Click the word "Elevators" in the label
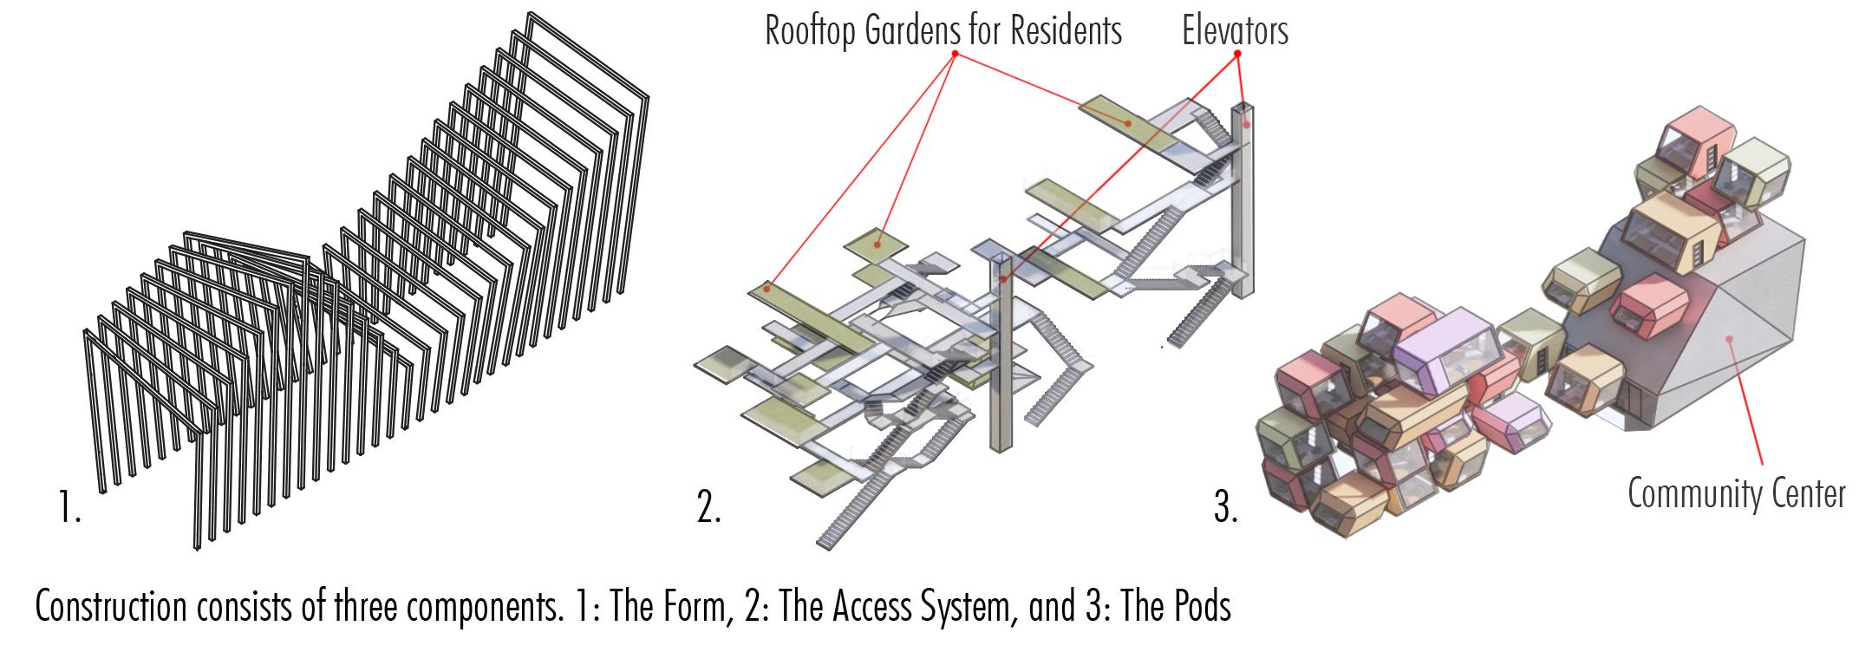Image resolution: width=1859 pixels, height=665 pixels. pyautogui.click(x=1235, y=31)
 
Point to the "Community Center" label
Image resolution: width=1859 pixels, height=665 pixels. pyautogui.click(x=1736, y=494)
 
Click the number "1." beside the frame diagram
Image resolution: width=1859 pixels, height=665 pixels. pyautogui.click(x=70, y=506)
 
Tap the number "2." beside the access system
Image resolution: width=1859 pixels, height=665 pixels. pyautogui.click(x=708, y=508)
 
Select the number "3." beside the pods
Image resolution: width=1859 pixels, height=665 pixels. pyautogui.click(x=1225, y=508)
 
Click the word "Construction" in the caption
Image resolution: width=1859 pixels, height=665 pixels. pyautogui.click(x=110, y=606)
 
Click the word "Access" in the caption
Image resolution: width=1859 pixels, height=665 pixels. pyautogui.click(x=870, y=606)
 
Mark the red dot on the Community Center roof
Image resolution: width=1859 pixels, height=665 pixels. pyautogui.click(x=1729, y=340)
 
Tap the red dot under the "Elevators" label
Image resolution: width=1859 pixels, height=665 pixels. pyautogui.click(x=1237, y=54)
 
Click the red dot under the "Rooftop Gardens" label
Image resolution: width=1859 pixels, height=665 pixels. pyautogui.click(x=955, y=54)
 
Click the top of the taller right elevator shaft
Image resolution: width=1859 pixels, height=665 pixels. pyautogui.click(x=1243, y=108)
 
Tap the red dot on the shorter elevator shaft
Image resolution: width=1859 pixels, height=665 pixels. pyautogui.click(x=1003, y=279)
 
